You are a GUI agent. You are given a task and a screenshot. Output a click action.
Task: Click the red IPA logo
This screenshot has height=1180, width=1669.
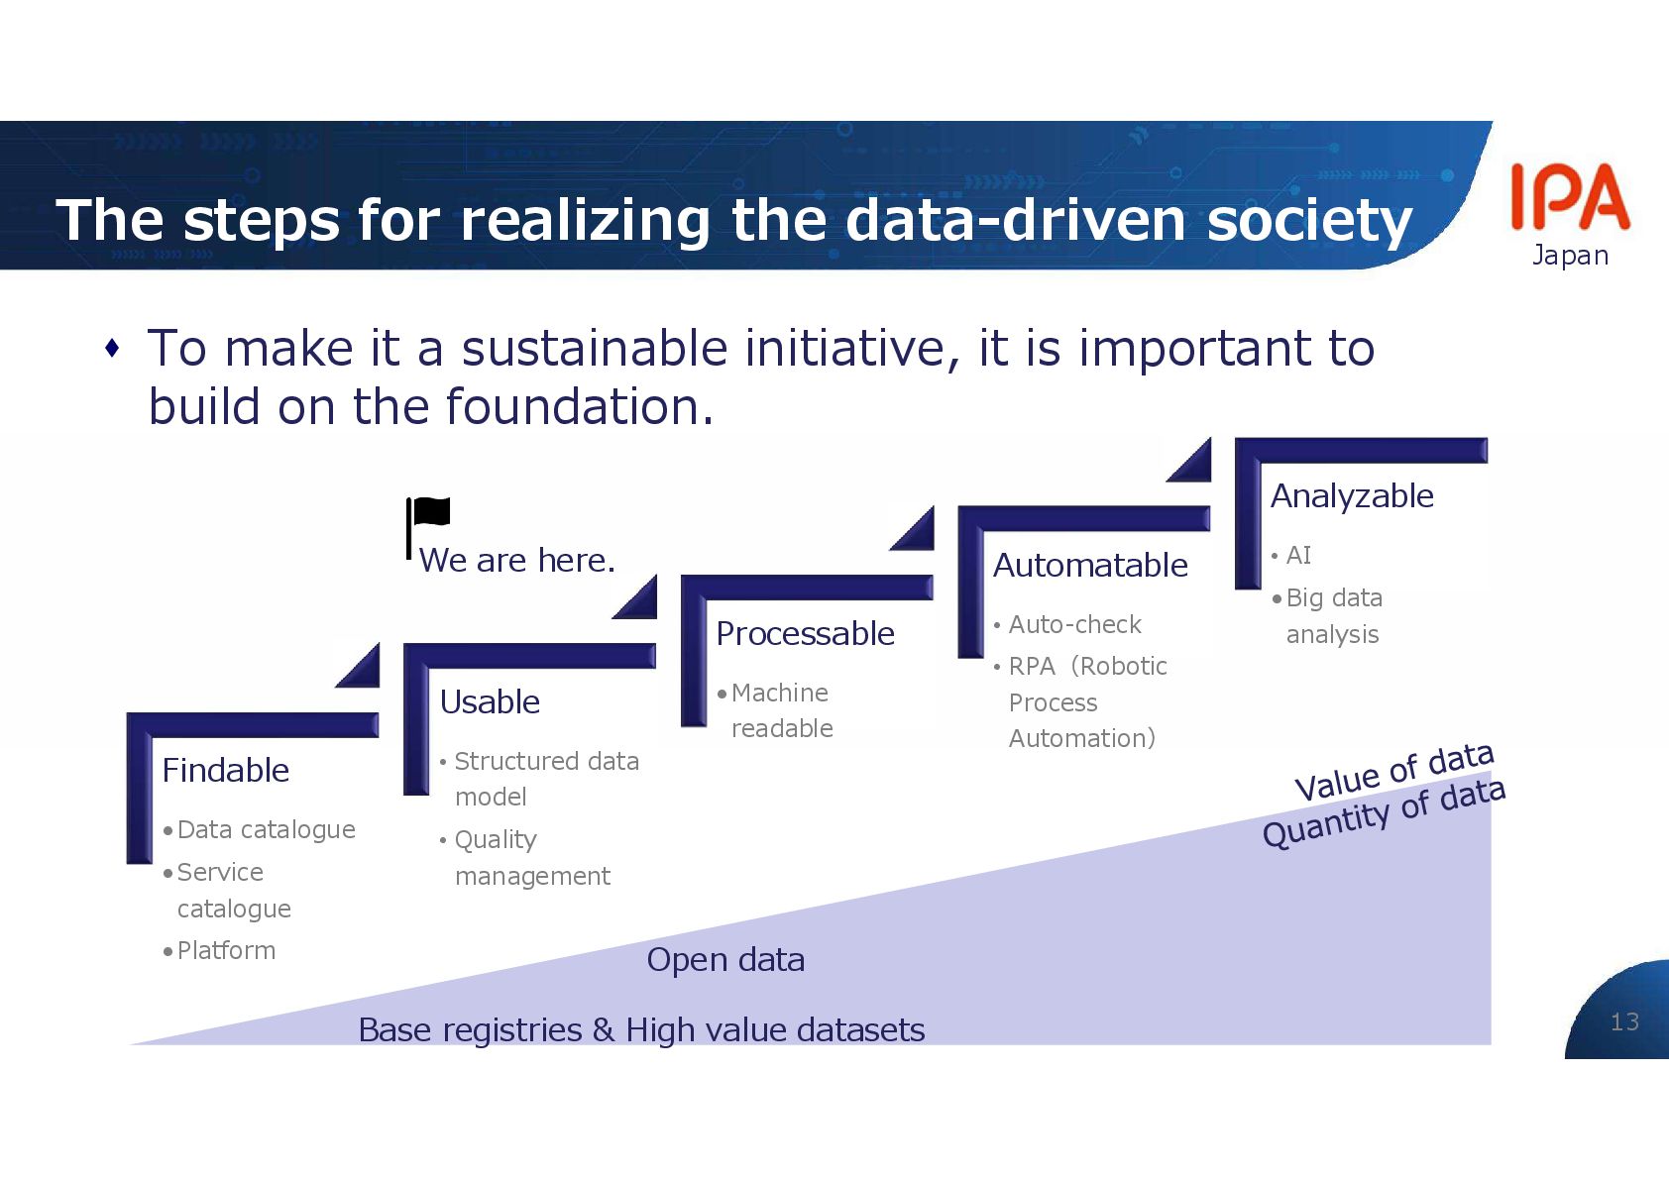click(1569, 196)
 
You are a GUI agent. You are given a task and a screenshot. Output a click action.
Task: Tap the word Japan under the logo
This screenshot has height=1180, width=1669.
click(1570, 256)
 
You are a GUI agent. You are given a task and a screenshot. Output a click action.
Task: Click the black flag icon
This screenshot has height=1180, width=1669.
click(428, 515)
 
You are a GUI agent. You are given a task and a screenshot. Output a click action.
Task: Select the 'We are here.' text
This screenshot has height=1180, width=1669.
click(516, 561)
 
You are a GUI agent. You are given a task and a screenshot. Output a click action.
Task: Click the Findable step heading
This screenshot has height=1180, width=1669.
click(225, 770)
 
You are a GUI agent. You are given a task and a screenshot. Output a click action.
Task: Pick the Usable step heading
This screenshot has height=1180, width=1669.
click(490, 701)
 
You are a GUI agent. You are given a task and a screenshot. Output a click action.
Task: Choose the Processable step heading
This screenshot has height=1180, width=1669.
click(805, 633)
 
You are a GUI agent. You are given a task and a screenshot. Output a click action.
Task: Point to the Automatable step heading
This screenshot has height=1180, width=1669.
click(1090, 565)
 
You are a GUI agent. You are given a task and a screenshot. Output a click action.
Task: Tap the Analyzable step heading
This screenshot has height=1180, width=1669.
click(1352, 495)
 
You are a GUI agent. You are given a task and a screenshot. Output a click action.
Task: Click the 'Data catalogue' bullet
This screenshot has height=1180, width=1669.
click(266, 829)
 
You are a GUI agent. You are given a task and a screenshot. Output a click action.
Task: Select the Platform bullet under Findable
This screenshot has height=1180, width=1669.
click(226, 950)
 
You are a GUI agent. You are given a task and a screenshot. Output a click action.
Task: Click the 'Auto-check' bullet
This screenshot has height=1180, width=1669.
click(1074, 624)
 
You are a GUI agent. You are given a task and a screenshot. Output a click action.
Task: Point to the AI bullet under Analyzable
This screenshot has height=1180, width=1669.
click(1298, 555)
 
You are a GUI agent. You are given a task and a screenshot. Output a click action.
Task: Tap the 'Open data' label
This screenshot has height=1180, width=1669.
click(725, 959)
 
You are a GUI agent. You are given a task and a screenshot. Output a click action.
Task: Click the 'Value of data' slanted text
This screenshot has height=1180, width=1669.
click(1393, 772)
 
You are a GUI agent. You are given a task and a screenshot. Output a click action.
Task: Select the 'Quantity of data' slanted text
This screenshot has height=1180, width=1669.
click(1384, 812)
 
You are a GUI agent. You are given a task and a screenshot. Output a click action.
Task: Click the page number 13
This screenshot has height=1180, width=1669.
click(1624, 1021)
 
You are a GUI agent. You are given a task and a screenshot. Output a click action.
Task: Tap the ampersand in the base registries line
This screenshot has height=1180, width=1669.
click(604, 1030)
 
